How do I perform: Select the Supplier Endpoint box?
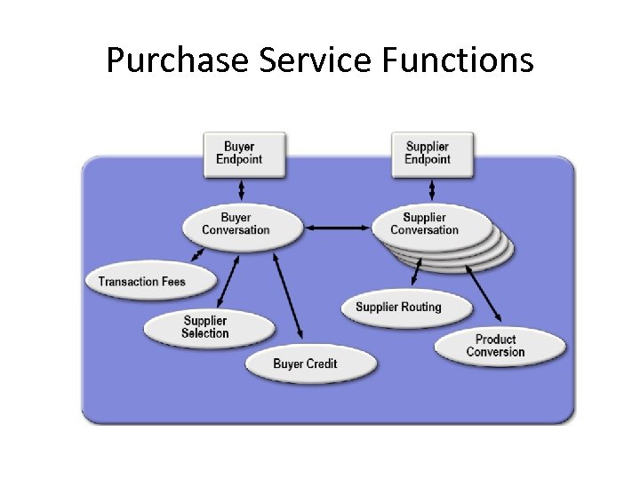427,153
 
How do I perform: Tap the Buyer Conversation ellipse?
236,223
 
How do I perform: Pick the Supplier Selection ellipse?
205,327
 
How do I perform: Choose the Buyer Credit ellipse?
305,364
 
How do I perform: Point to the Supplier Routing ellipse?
399,308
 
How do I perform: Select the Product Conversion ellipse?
495,346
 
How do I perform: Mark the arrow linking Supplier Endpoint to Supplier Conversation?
431,190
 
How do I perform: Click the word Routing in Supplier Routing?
420,308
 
